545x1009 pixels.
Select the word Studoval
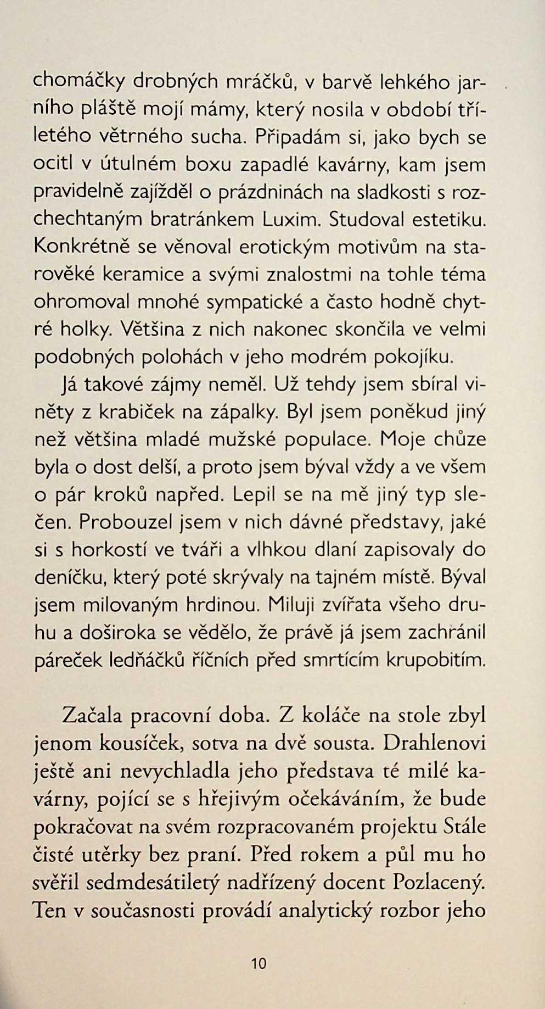coord(367,220)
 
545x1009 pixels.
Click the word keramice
coord(144,275)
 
